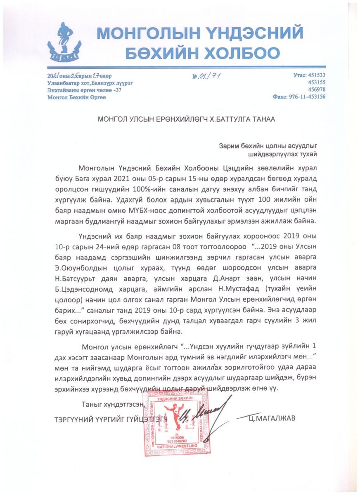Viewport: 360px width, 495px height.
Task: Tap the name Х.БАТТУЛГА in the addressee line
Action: point(232,119)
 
